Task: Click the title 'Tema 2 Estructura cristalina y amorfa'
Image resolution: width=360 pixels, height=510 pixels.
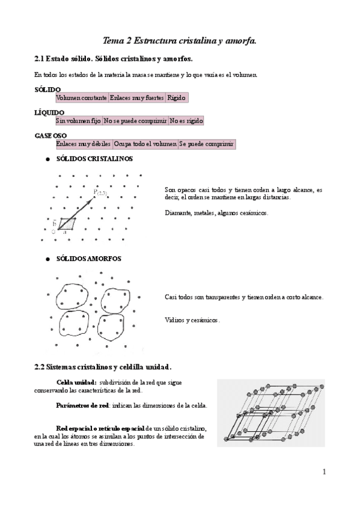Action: tap(180, 41)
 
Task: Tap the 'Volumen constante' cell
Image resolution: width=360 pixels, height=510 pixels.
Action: tap(82, 97)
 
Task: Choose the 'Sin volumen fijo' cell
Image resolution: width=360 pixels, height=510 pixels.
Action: tap(79, 121)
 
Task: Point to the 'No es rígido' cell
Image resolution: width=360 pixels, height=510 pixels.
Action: tap(186, 121)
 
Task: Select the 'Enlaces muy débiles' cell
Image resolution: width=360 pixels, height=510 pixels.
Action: tap(84, 144)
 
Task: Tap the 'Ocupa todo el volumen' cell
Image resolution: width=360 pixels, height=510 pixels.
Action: tap(145, 144)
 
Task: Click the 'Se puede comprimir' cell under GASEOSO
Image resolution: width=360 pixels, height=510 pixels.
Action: tap(206, 144)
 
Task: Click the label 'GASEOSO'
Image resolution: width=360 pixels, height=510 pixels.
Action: tap(50, 135)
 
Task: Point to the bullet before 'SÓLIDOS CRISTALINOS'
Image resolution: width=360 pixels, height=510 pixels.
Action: tap(47, 160)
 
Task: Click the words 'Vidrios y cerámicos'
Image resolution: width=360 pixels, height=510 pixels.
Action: tap(192, 320)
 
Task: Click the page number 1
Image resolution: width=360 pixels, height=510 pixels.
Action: tap(324, 472)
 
